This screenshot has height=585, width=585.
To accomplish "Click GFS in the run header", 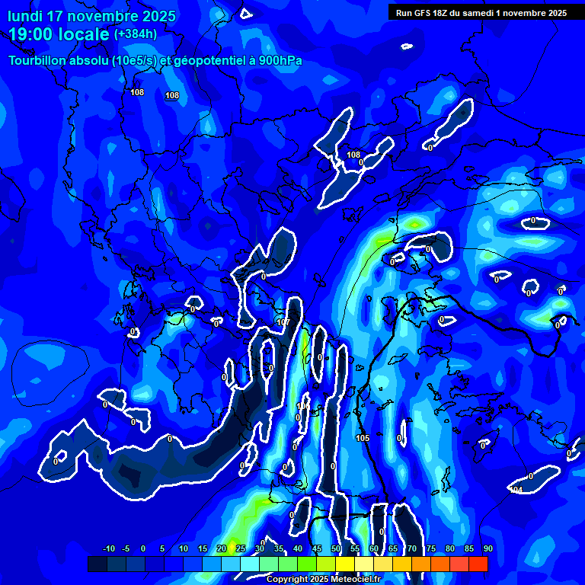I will click(424, 13).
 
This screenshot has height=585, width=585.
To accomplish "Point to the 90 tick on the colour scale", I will click(487, 548).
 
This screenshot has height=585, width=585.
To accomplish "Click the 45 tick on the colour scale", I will click(316, 548).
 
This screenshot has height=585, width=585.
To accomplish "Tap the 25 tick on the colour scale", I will click(240, 548).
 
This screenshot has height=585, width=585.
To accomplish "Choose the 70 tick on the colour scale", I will click(411, 548).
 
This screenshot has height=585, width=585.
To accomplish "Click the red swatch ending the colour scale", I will click(478, 564).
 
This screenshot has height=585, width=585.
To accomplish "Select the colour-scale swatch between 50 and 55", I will click(345, 564).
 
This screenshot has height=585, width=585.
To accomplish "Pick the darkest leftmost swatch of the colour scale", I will click(97, 564).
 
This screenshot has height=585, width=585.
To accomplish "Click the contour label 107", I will click(283, 322).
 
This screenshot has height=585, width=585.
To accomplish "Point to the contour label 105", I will click(363, 438).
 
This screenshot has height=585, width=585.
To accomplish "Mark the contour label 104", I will click(516, 490).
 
